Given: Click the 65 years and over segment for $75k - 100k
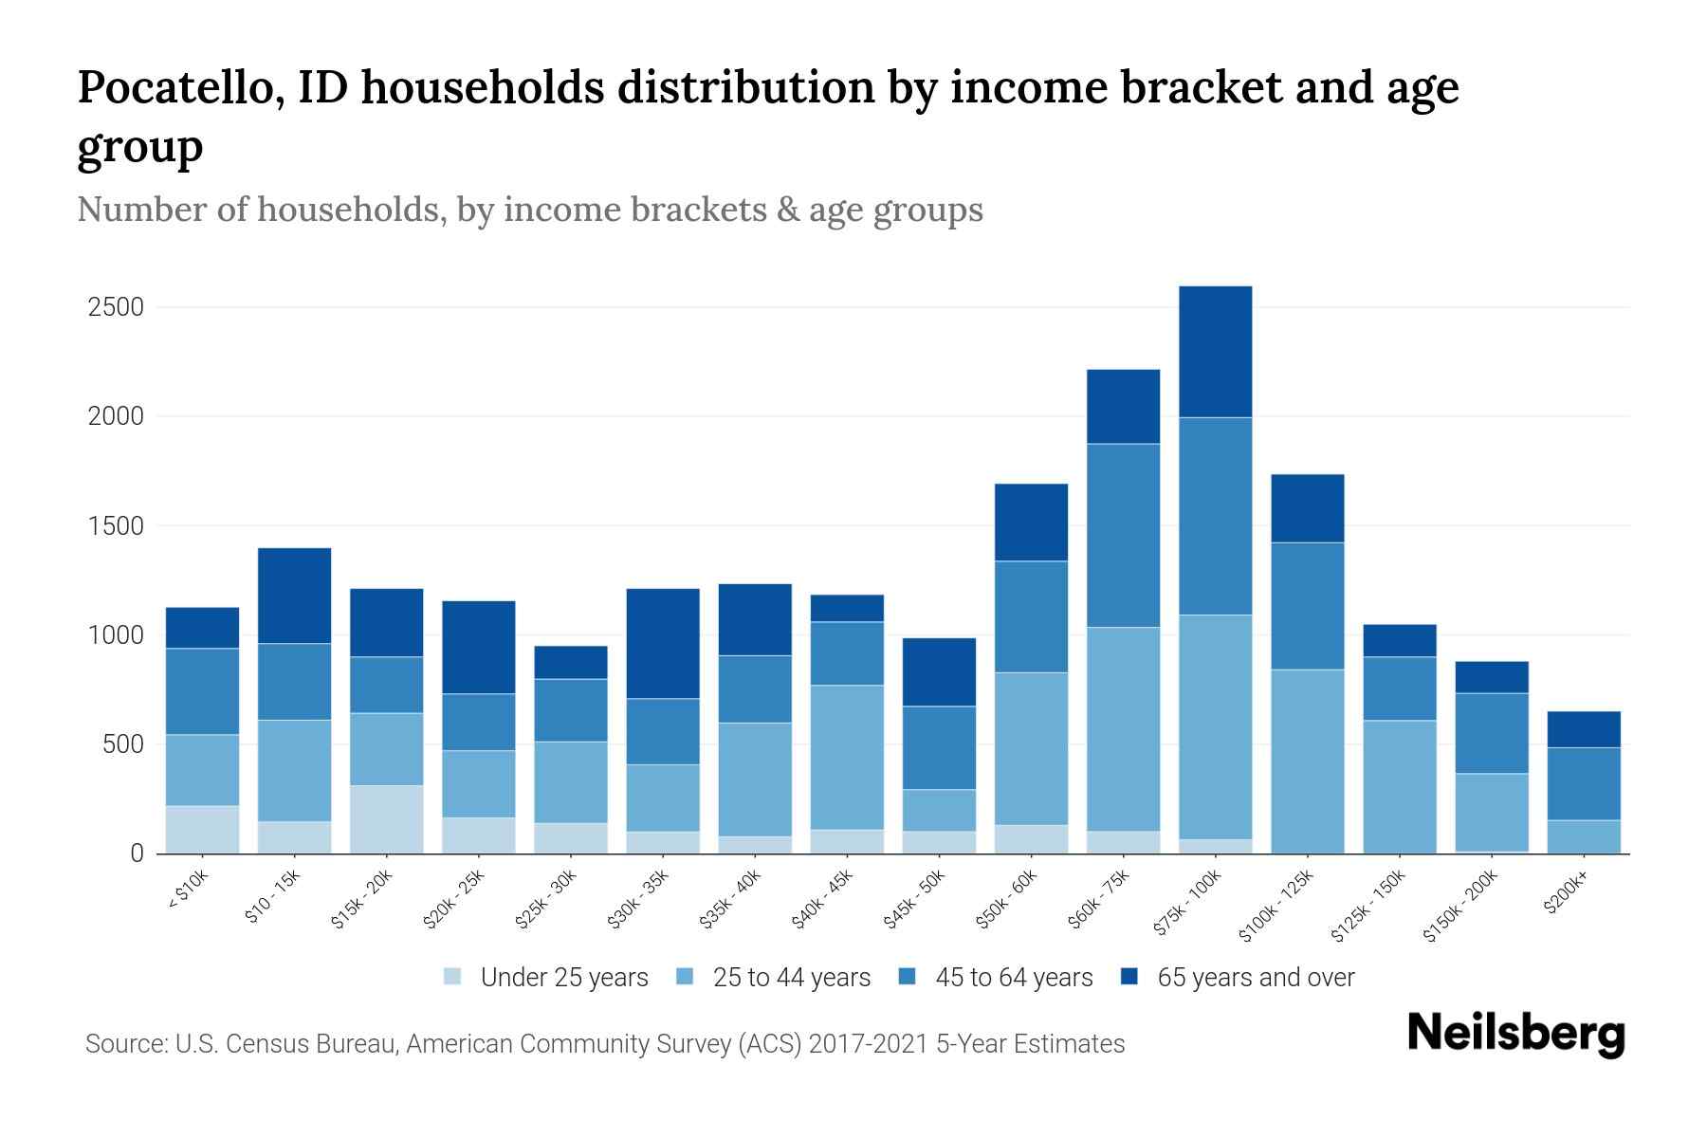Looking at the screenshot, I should [1215, 352].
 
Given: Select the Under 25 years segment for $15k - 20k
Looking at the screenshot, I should [386, 819].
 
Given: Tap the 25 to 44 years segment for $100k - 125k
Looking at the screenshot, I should [1307, 762].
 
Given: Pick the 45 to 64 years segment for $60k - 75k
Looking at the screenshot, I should [1123, 536].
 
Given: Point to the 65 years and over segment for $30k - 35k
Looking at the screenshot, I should [663, 644].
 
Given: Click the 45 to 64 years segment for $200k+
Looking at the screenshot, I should [1584, 783].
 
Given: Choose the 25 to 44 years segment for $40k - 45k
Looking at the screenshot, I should [847, 758].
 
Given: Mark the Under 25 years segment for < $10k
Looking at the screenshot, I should [202, 830].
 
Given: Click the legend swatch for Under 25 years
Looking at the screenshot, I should [453, 977].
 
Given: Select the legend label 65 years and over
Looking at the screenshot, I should [1256, 978].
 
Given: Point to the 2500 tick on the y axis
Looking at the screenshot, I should [116, 307].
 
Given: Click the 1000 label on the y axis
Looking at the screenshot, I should [116, 635].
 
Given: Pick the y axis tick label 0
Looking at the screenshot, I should [137, 853].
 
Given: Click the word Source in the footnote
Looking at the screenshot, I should [123, 1044].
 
